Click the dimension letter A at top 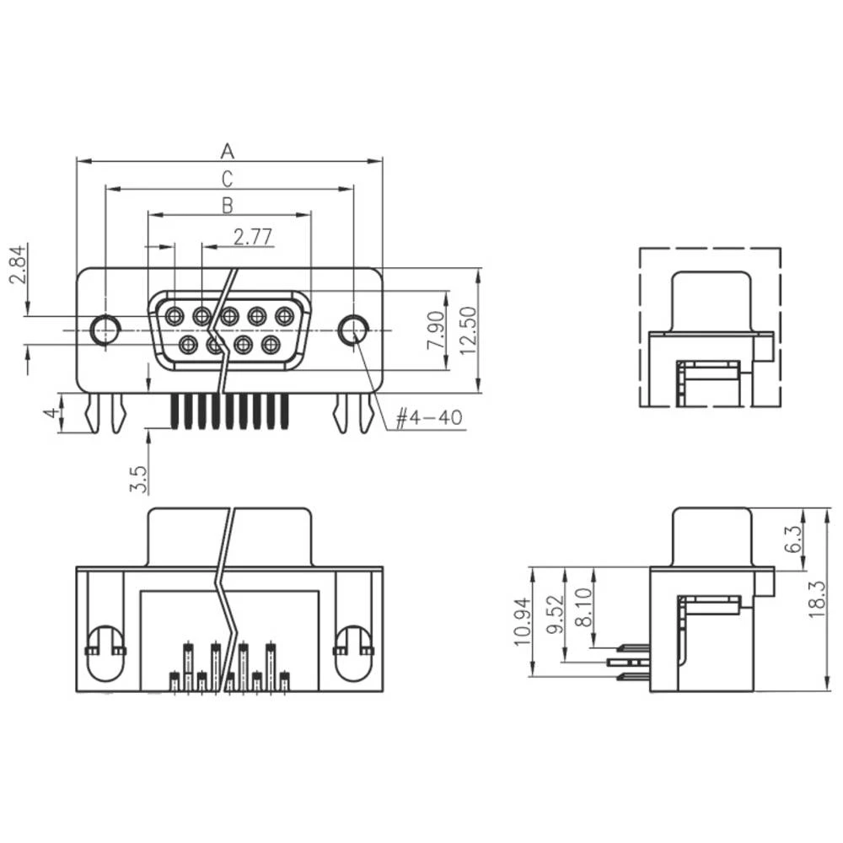point(227,151)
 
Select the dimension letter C point(227,179)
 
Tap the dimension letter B point(227,205)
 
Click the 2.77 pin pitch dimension point(253,237)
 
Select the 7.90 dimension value point(436,330)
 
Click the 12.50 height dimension point(469,330)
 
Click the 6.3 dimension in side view point(793,538)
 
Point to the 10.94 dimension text point(523,622)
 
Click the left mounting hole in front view point(105,330)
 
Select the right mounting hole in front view point(352,330)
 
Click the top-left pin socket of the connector point(175,317)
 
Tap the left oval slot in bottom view point(105,653)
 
